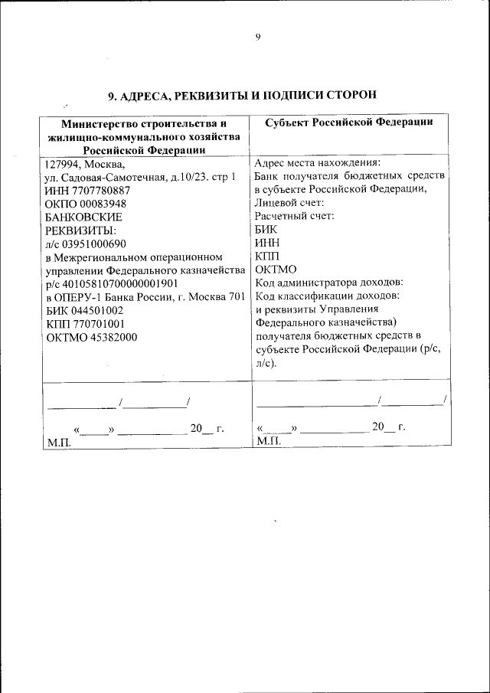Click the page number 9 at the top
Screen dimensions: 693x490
258,38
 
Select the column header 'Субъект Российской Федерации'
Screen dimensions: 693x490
350,123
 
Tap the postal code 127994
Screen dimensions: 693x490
62,163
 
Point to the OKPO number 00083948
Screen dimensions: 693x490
103,204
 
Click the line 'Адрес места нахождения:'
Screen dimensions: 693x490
316,163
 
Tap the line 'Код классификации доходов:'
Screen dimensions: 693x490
327,296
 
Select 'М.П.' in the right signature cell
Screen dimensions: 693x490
269,442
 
